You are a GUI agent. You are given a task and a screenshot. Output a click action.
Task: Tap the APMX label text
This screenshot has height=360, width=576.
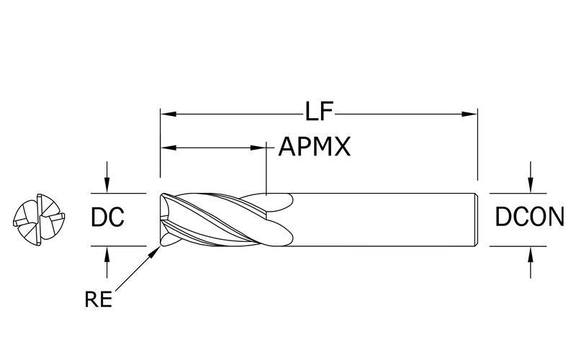(315, 148)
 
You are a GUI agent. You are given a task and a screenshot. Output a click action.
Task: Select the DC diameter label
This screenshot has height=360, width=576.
(108, 217)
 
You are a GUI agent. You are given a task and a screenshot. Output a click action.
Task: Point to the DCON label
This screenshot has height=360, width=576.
(529, 217)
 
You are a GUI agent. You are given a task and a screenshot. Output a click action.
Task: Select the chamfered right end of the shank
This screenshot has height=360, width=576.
(476, 219)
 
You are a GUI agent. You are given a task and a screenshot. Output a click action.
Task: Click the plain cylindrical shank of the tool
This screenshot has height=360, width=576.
(382, 219)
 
